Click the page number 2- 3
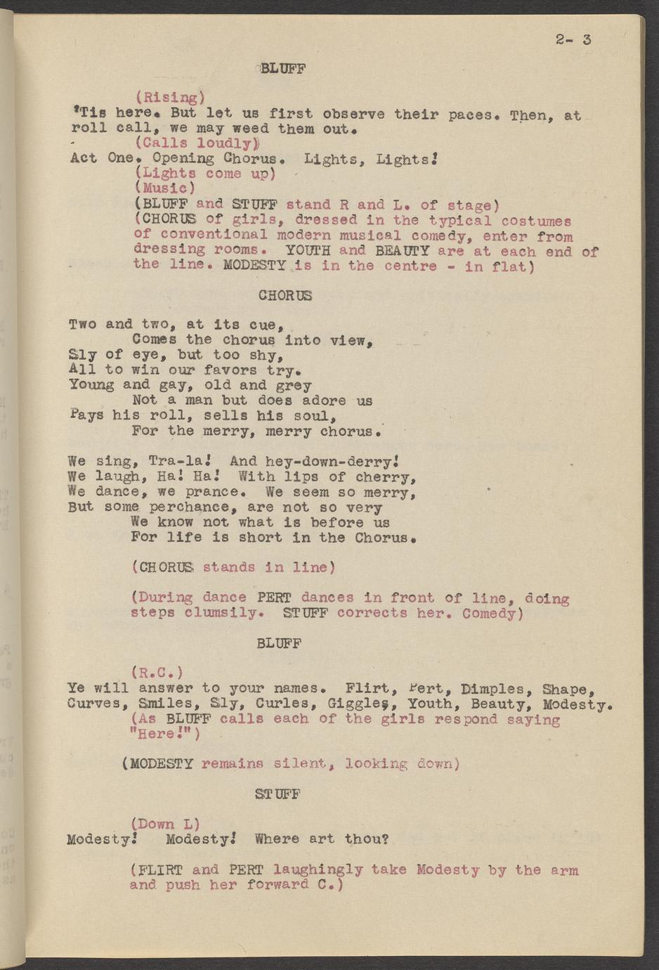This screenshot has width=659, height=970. coord(573,39)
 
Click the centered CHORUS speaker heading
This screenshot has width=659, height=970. coord(285,296)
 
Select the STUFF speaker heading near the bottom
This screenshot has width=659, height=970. coord(278,794)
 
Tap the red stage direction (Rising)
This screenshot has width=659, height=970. coord(170,98)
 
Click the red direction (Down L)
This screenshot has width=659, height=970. coord(165,824)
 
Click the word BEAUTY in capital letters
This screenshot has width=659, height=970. coord(402,251)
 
